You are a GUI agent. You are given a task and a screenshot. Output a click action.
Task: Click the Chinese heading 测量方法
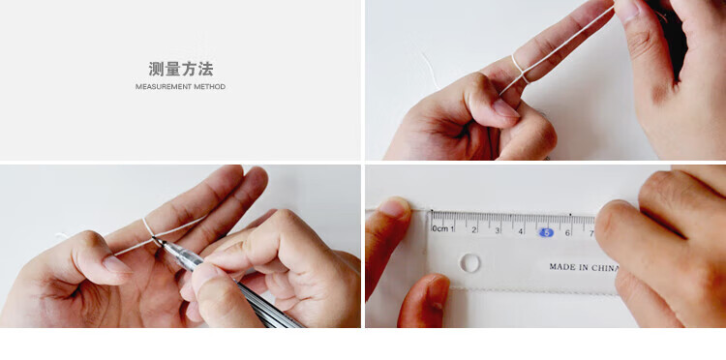pyautogui.click(x=181, y=69)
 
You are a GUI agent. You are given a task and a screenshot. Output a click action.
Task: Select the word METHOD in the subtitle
pyautogui.click(x=210, y=86)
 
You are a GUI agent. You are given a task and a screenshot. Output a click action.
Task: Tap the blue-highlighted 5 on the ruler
pyautogui.click(x=546, y=232)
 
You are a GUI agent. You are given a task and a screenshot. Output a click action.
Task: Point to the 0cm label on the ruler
pyautogui.click(x=439, y=228)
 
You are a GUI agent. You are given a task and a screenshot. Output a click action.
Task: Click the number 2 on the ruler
pyautogui.click(x=474, y=229)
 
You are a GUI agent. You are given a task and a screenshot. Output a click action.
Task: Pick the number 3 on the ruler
pyautogui.click(x=498, y=230)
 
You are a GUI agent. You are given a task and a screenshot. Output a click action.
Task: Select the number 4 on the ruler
pyautogui.click(x=522, y=231)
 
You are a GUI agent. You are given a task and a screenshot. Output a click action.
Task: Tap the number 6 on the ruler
pyautogui.click(x=567, y=233)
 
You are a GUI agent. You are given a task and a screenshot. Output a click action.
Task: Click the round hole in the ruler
pyautogui.click(x=469, y=263)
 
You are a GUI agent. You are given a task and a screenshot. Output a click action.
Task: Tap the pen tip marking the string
pyautogui.click(x=156, y=240)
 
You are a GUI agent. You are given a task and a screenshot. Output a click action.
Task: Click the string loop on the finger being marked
pyautogui.click(x=147, y=228)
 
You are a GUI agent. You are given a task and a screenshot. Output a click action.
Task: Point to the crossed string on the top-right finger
pyautogui.click(x=521, y=72)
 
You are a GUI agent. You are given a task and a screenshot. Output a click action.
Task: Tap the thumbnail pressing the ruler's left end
pyautogui.click(x=396, y=206)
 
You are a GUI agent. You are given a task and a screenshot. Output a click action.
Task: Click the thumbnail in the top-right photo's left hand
pyautogui.click(x=504, y=108)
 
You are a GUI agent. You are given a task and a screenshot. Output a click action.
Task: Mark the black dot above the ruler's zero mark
pyautogui.click(x=432, y=211)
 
